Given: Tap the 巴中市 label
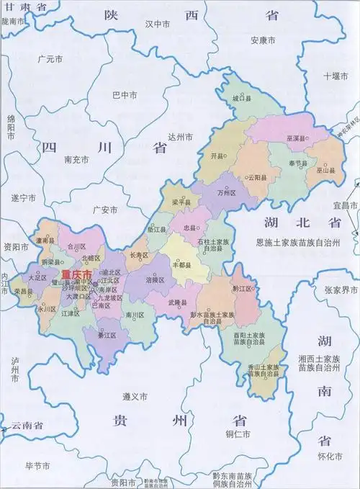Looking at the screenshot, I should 125,94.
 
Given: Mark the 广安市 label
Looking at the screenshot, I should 105,210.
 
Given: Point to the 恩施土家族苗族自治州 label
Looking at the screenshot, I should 302,245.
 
